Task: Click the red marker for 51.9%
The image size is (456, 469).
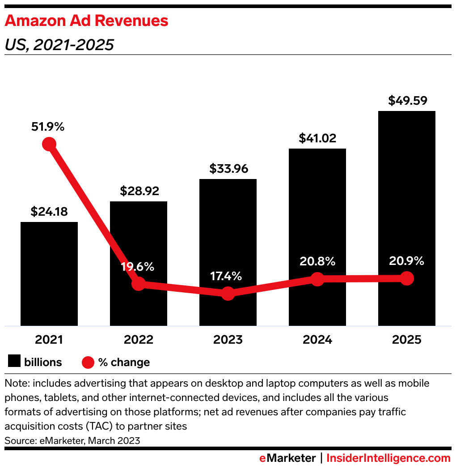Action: [49, 144]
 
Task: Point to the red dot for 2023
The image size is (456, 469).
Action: [228, 294]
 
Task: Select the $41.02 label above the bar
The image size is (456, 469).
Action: [317, 138]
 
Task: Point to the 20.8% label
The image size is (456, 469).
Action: [317, 261]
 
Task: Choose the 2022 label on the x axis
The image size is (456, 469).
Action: [139, 340]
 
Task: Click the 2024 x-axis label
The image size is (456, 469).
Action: [317, 340]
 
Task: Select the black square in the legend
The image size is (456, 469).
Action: [15, 362]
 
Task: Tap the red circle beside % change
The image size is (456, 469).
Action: [89, 362]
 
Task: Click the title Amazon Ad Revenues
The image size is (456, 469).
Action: [86, 21]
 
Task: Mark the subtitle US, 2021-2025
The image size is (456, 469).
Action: [59, 45]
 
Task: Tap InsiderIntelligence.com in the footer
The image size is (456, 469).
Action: [388, 458]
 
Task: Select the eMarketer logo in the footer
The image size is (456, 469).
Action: [287, 458]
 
